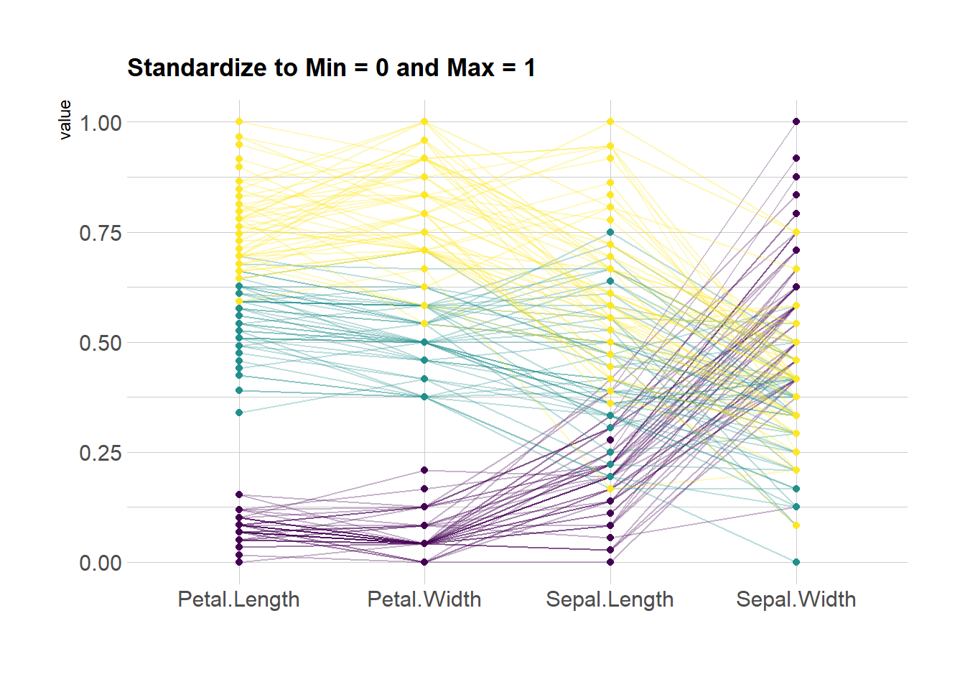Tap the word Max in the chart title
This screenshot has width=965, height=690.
470,68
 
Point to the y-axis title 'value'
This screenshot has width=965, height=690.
65,119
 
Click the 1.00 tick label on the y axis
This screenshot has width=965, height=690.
101,123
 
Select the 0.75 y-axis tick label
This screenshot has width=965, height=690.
101,233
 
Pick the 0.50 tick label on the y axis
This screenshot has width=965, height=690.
101,343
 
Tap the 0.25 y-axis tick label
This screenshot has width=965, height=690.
101,453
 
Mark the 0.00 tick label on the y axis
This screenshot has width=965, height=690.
101,563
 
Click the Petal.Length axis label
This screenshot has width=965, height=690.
238,599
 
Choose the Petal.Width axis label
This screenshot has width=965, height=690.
424,599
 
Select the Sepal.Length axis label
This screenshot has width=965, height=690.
610,599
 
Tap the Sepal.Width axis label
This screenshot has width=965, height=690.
796,599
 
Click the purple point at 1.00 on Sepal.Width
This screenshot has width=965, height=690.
796,121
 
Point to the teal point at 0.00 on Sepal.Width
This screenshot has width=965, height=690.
796,562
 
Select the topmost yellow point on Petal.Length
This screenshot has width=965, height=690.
239,121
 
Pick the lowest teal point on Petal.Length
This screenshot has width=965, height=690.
239,413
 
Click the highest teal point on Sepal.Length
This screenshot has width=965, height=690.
610,232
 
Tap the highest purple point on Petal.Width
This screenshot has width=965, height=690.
424,470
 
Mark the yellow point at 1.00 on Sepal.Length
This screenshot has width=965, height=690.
610,121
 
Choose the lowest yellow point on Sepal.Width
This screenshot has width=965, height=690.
796,525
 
